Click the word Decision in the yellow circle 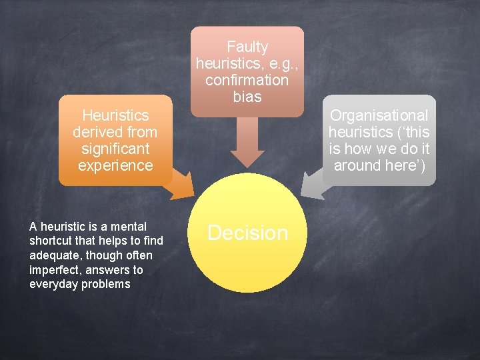pyautogui.click(x=247, y=233)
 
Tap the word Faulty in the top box pyautogui.click(x=247, y=47)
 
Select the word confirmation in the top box pyautogui.click(x=247, y=80)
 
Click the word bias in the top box pyautogui.click(x=247, y=97)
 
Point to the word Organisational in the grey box pyautogui.click(x=379, y=115)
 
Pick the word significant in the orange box pyautogui.click(x=115, y=149)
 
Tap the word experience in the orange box pyautogui.click(x=115, y=165)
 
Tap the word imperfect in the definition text pyautogui.click(x=54, y=270)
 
